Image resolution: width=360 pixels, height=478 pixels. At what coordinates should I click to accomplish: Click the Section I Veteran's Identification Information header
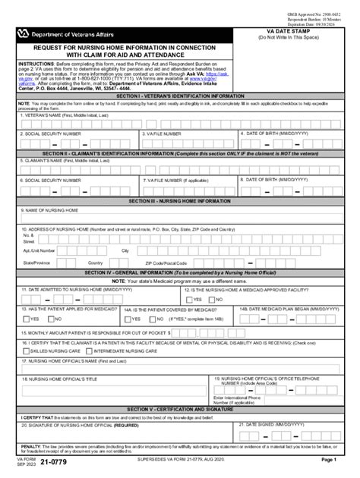(x=180, y=97)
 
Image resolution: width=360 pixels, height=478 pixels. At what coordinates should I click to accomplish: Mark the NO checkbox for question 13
(x=55, y=319)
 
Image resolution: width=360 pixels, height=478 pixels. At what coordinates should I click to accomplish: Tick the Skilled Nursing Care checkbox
(x=26, y=351)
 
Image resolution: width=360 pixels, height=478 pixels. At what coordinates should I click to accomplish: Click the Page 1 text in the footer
(x=328, y=460)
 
